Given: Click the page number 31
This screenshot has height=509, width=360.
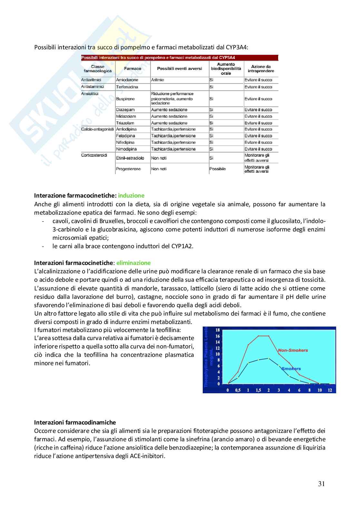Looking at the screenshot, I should pos(321,484).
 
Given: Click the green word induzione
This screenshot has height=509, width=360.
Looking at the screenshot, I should pos(131,195).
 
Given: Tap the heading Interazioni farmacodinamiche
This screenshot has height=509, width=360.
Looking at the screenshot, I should pos(75,422).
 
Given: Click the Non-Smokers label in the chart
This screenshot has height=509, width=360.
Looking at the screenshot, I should pos(293,350).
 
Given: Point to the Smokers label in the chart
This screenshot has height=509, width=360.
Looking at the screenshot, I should pos(291,368).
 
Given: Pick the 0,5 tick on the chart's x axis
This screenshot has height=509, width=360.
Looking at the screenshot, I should pos(238,390).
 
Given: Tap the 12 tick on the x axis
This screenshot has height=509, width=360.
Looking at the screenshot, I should pos(329,390).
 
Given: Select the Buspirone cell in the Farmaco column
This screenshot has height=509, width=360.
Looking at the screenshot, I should pos(125,99).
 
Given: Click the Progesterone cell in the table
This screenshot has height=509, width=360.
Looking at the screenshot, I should pos(128,169).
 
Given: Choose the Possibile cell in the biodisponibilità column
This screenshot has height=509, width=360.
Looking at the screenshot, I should pos(218,169).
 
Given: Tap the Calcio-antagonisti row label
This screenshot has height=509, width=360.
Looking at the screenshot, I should pos(97,129).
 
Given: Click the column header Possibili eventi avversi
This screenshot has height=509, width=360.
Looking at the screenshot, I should pos(179,69).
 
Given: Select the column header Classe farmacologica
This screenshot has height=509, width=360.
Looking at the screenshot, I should pos(98,69).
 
